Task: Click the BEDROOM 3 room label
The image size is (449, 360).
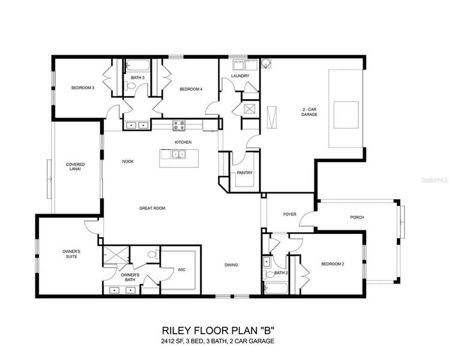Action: [x=83, y=88]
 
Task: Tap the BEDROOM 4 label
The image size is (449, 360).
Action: [x=191, y=89]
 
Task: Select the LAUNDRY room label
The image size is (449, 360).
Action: [x=240, y=76]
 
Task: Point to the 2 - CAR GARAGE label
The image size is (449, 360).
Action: [x=310, y=112]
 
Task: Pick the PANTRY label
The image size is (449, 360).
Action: [x=244, y=173]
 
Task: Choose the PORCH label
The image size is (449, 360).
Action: [x=357, y=217]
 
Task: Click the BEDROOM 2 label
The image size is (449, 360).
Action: [x=332, y=264]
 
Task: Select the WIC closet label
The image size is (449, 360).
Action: [x=181, y=270]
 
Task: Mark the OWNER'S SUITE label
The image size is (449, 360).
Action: [x=71, y=254]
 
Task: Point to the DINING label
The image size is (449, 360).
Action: [x=231, y=265]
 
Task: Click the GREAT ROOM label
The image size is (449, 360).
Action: [x=152, y=208]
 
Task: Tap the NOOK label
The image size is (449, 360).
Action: [x=128, y=161]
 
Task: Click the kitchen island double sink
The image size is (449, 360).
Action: [x=178, y=154]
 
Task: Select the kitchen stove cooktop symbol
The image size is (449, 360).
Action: [x=179, y=125]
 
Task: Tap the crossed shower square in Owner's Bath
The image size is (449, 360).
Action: [x=112, y=255]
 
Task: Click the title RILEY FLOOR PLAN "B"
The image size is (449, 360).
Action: [x=217, y=331]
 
